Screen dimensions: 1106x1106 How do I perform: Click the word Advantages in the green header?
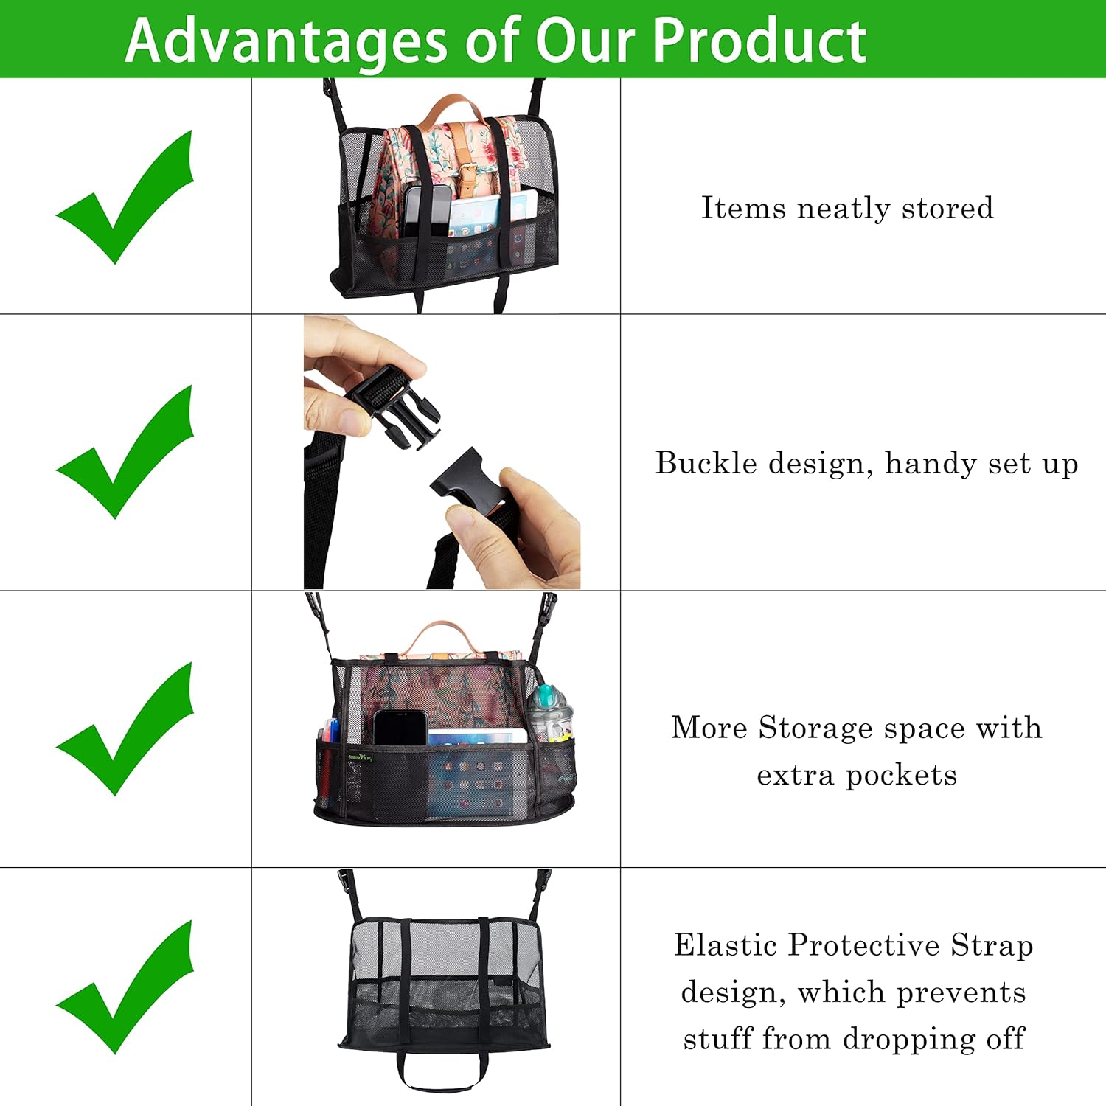(286, 41)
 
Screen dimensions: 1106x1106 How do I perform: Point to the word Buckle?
(706, 463)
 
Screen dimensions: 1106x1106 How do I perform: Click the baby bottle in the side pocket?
(549, 712)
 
